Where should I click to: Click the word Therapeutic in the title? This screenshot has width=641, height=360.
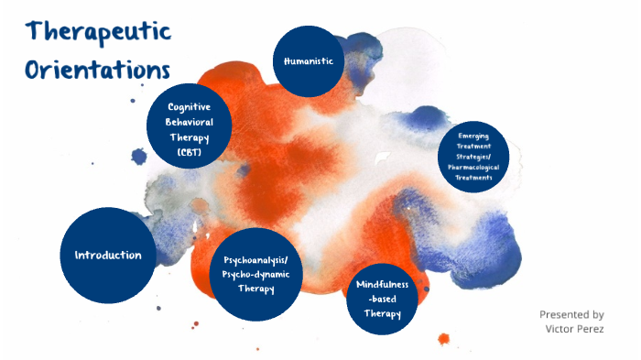click(99, 33)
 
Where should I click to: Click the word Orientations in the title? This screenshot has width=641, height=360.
click(98, 70)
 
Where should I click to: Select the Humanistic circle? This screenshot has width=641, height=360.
click(309, 60)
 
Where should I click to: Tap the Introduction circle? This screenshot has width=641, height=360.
click(108, 255)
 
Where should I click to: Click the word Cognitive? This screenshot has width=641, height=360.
click(189, 107)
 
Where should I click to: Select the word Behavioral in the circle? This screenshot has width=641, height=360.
click(189, 122)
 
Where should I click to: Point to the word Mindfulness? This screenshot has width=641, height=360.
click(381, 284)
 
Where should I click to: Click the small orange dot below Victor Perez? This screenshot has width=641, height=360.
click(444, 339)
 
